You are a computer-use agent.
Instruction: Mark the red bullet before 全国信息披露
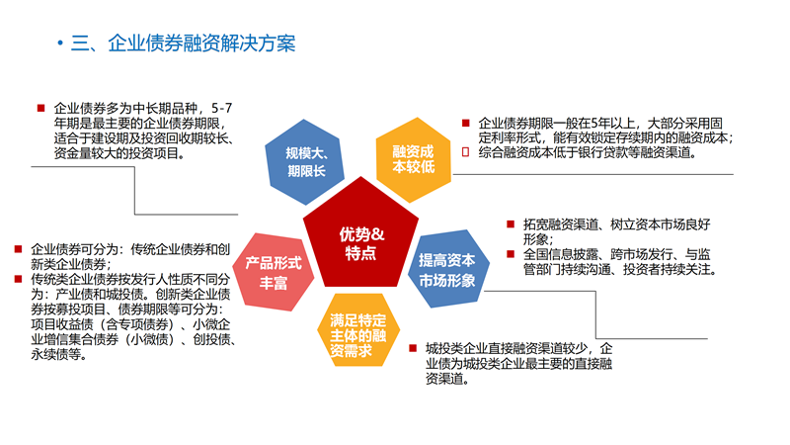point(511,254)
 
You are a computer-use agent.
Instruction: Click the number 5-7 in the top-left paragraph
point(222,108)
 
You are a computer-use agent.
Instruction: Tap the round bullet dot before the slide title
point(61,44)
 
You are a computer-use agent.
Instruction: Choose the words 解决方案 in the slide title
point(259,44)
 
